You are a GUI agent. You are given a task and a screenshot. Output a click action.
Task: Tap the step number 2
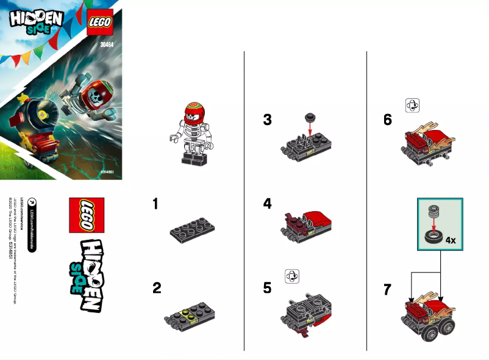pos(157,288)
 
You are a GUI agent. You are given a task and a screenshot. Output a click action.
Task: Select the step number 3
pos(267,120)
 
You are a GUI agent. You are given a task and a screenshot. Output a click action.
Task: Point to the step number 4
pos(267,204)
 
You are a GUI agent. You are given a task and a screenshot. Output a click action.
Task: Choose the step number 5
pos(267,288)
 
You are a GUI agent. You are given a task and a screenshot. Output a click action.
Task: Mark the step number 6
pos(388,120)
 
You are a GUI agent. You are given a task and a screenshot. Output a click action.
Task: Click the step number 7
pos(388,290)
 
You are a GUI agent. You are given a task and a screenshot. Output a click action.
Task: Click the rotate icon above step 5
pos(292,276)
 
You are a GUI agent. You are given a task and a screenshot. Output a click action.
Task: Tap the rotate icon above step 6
pos(413,106)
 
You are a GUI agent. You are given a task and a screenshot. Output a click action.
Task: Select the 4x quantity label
pos(451,240)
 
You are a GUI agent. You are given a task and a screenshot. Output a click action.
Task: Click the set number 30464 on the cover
pos(108,43)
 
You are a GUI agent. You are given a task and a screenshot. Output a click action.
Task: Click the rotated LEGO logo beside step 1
pos(86,215)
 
